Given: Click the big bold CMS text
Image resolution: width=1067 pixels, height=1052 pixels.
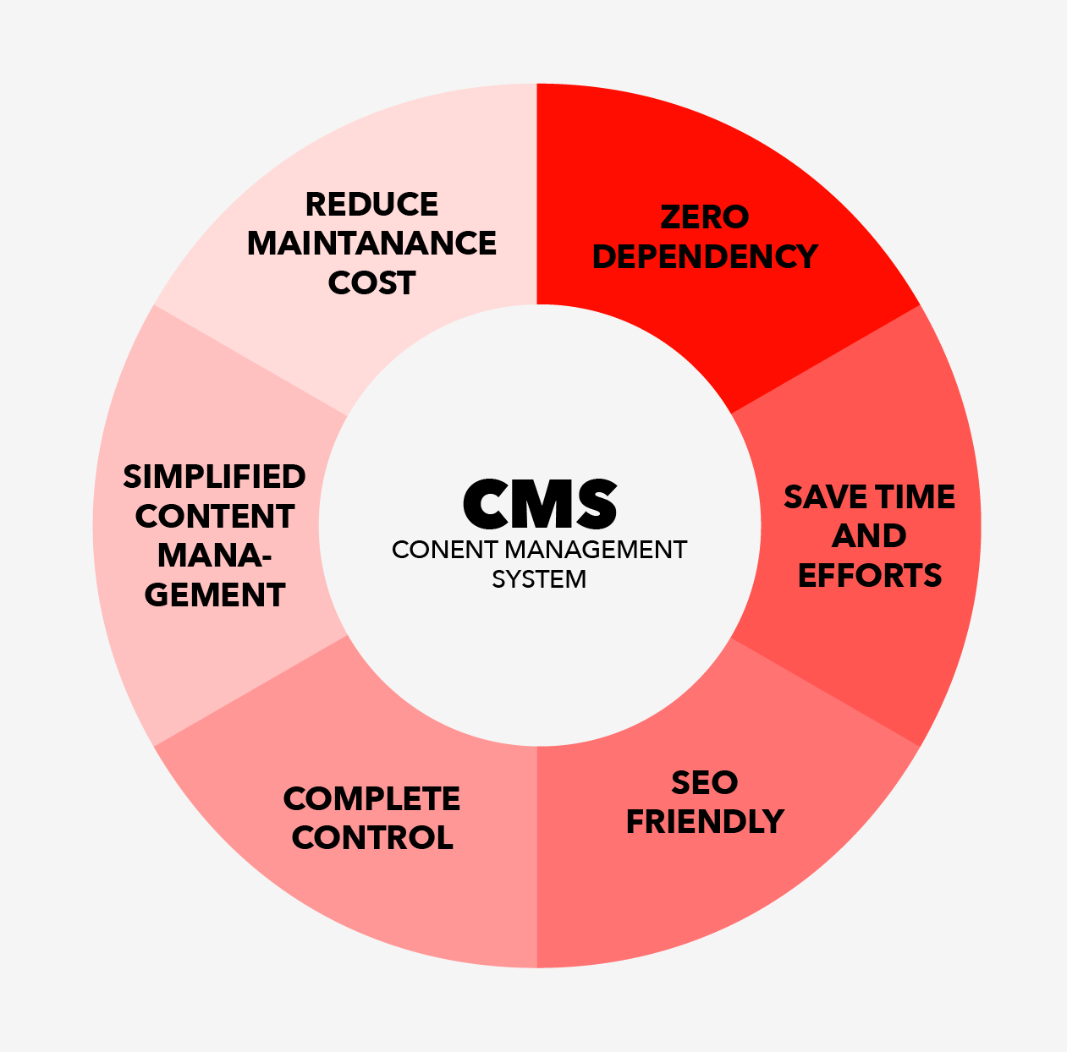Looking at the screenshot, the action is [x=540, y=503].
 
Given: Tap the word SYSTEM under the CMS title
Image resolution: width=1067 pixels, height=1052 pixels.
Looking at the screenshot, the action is [x=539, y=579].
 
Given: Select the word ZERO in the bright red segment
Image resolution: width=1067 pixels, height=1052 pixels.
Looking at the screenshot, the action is [x=704, y=217].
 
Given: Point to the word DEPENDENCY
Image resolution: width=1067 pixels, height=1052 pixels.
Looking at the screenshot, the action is [x=705, y=256].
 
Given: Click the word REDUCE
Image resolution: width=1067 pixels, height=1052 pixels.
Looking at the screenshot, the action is [x=371, y=204].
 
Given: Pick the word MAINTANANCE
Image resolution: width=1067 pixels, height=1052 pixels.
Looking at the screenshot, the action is [x=371, y=244].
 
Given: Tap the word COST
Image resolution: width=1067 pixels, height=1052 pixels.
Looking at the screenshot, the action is [x=371, y=282].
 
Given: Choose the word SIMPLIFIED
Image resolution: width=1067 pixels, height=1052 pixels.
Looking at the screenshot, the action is [x=214, y=476].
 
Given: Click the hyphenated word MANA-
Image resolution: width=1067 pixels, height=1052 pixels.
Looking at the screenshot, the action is [x=214, y=555].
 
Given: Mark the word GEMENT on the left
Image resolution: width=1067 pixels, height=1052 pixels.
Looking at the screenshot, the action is [x=215, y=594].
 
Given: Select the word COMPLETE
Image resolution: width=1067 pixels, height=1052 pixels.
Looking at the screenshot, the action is [x=371, y=798].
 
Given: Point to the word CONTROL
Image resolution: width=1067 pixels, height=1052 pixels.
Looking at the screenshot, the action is [x=372, y=838].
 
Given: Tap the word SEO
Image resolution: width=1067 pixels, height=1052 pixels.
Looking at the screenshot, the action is [x=704, y=782].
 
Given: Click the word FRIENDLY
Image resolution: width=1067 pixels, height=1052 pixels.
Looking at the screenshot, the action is [x=705, y=822].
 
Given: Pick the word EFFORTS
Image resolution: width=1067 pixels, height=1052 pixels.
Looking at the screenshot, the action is [x=869, y=576].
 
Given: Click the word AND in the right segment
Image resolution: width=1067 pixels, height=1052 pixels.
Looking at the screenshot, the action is [x=869, y=535].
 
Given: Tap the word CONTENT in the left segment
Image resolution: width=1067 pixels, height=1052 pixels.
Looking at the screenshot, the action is [x=214, y=516].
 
